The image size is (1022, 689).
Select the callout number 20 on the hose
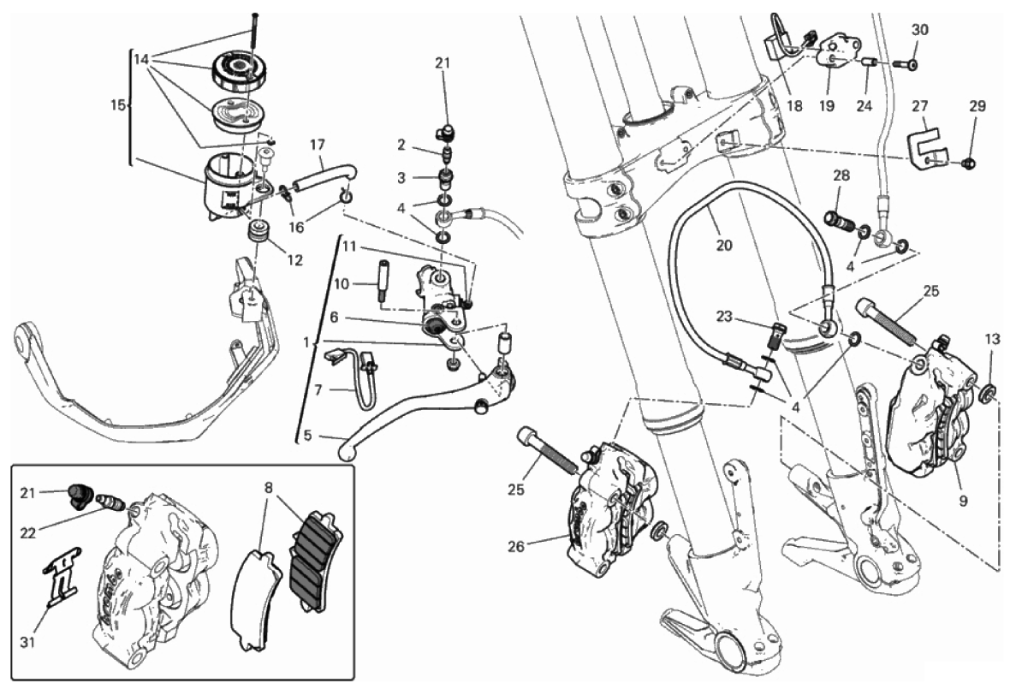(x=724, y=245)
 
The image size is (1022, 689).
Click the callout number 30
(x=919, y=30)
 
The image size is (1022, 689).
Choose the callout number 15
(x=118, y=105)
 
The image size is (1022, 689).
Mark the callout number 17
(x=318, y=144)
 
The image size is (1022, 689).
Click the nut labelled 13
(x=986, y=394)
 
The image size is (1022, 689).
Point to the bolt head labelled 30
(x=912, y=64)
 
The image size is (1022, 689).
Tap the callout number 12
(x=295, y=259)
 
